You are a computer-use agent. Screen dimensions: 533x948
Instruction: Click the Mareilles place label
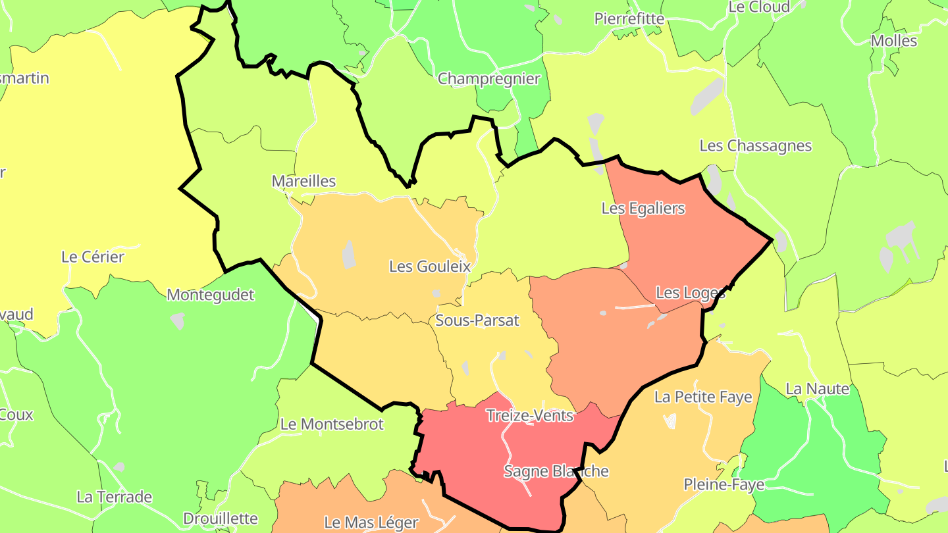303,182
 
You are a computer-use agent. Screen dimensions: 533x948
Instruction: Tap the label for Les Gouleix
430,266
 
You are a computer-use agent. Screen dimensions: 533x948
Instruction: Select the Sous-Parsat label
477,321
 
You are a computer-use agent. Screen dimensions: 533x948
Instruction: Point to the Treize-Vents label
530,416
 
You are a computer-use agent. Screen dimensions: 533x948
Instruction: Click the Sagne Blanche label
556,472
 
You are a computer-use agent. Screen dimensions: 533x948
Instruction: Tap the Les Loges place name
691,293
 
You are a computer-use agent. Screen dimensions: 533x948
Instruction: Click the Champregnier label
488,79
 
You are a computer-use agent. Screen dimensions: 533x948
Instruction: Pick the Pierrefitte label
629,18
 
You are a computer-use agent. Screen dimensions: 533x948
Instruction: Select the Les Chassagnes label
756,146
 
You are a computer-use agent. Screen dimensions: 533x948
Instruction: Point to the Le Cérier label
93,257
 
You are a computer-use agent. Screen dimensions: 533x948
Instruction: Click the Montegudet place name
211,295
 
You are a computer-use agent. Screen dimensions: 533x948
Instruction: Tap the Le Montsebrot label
332,424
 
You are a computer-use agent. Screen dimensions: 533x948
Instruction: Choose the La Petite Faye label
703,397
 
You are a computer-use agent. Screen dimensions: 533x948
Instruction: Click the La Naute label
818,389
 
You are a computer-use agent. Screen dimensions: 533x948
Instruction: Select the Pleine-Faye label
724,485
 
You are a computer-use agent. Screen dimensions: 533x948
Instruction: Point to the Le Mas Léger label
371,523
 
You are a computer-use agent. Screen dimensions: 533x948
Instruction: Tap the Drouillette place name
221,519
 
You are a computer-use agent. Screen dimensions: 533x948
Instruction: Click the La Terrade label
115,497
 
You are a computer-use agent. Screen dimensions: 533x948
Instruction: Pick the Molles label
894,41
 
